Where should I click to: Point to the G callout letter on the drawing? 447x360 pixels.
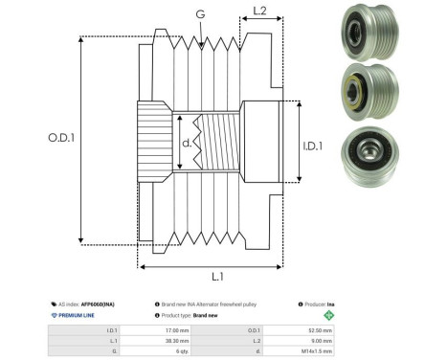click(199, 14)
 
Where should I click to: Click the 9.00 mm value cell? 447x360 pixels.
click(319, 340)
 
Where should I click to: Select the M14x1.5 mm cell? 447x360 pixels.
click(319, 351)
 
